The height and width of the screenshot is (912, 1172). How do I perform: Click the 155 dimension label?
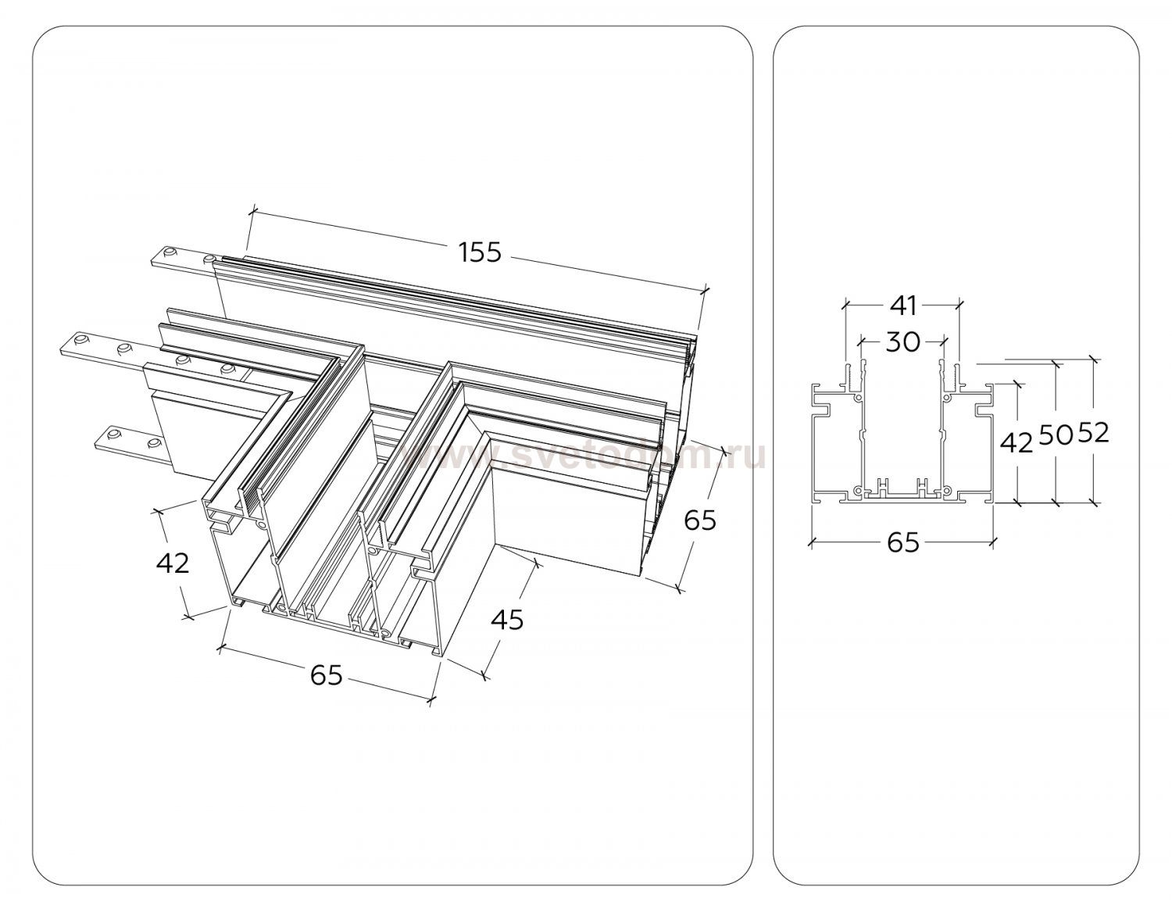click(480, 252)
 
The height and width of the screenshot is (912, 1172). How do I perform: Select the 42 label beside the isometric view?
click(173, 562)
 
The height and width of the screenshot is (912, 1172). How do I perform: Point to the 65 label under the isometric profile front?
click(326, 674)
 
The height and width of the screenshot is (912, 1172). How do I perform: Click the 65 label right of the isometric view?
click(699, 520)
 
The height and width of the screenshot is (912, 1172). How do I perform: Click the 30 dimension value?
click(902, 341)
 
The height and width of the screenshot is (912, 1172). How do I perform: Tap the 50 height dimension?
click(1056, 435)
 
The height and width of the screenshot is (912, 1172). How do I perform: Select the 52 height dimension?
click(1094, 432)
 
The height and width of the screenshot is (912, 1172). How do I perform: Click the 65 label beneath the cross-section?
click(902, 542)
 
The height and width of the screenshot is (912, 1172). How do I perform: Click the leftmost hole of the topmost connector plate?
click(167, 252)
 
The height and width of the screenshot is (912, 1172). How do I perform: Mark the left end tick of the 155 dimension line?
click(252, 209)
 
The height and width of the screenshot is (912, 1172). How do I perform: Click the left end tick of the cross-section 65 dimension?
click(810, 539)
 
